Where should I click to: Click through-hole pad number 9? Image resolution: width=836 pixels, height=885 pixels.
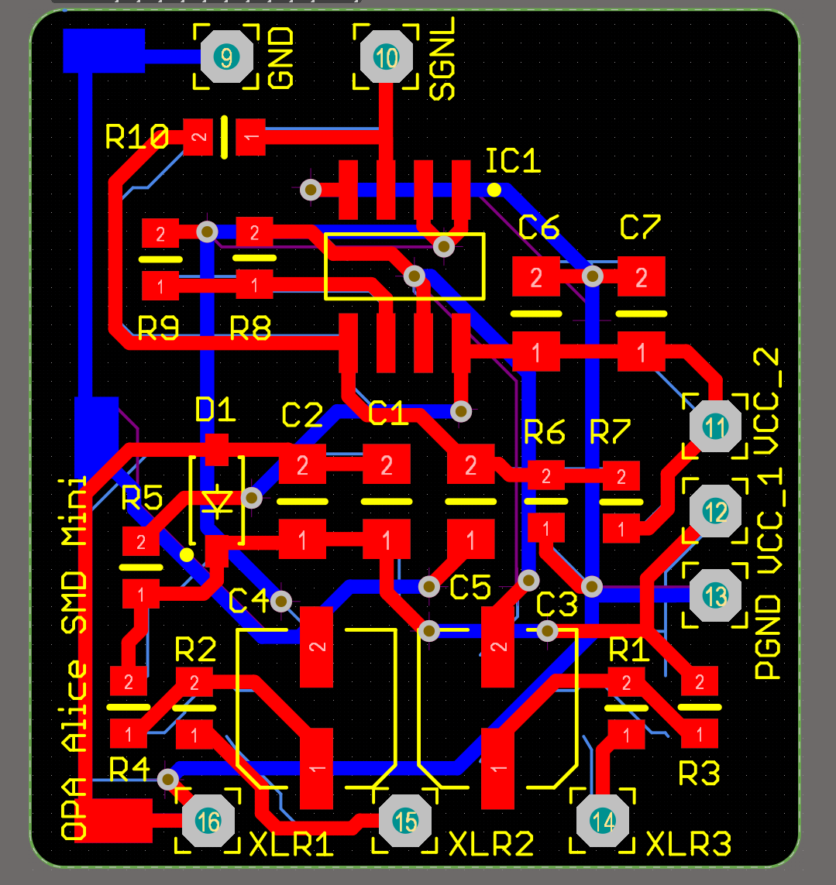226,57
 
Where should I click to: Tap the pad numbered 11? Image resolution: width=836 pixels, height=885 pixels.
716,426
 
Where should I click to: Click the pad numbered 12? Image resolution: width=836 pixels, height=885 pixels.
716,510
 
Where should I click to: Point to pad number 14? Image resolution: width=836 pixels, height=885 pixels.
603,821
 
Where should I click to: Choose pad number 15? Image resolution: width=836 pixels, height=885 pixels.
405,821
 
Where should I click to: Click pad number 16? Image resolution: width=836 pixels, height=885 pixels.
208,821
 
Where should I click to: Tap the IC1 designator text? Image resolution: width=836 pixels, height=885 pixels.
513,161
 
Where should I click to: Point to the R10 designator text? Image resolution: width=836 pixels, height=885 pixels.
137,138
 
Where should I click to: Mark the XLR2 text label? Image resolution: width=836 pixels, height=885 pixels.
491,844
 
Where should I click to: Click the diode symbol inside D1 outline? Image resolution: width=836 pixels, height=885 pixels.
218,502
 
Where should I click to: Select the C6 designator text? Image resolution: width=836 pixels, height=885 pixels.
538,228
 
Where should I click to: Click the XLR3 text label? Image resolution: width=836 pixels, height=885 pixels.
688,844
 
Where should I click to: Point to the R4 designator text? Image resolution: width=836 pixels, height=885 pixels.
129,769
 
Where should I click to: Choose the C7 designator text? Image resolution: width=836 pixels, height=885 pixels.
641,228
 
